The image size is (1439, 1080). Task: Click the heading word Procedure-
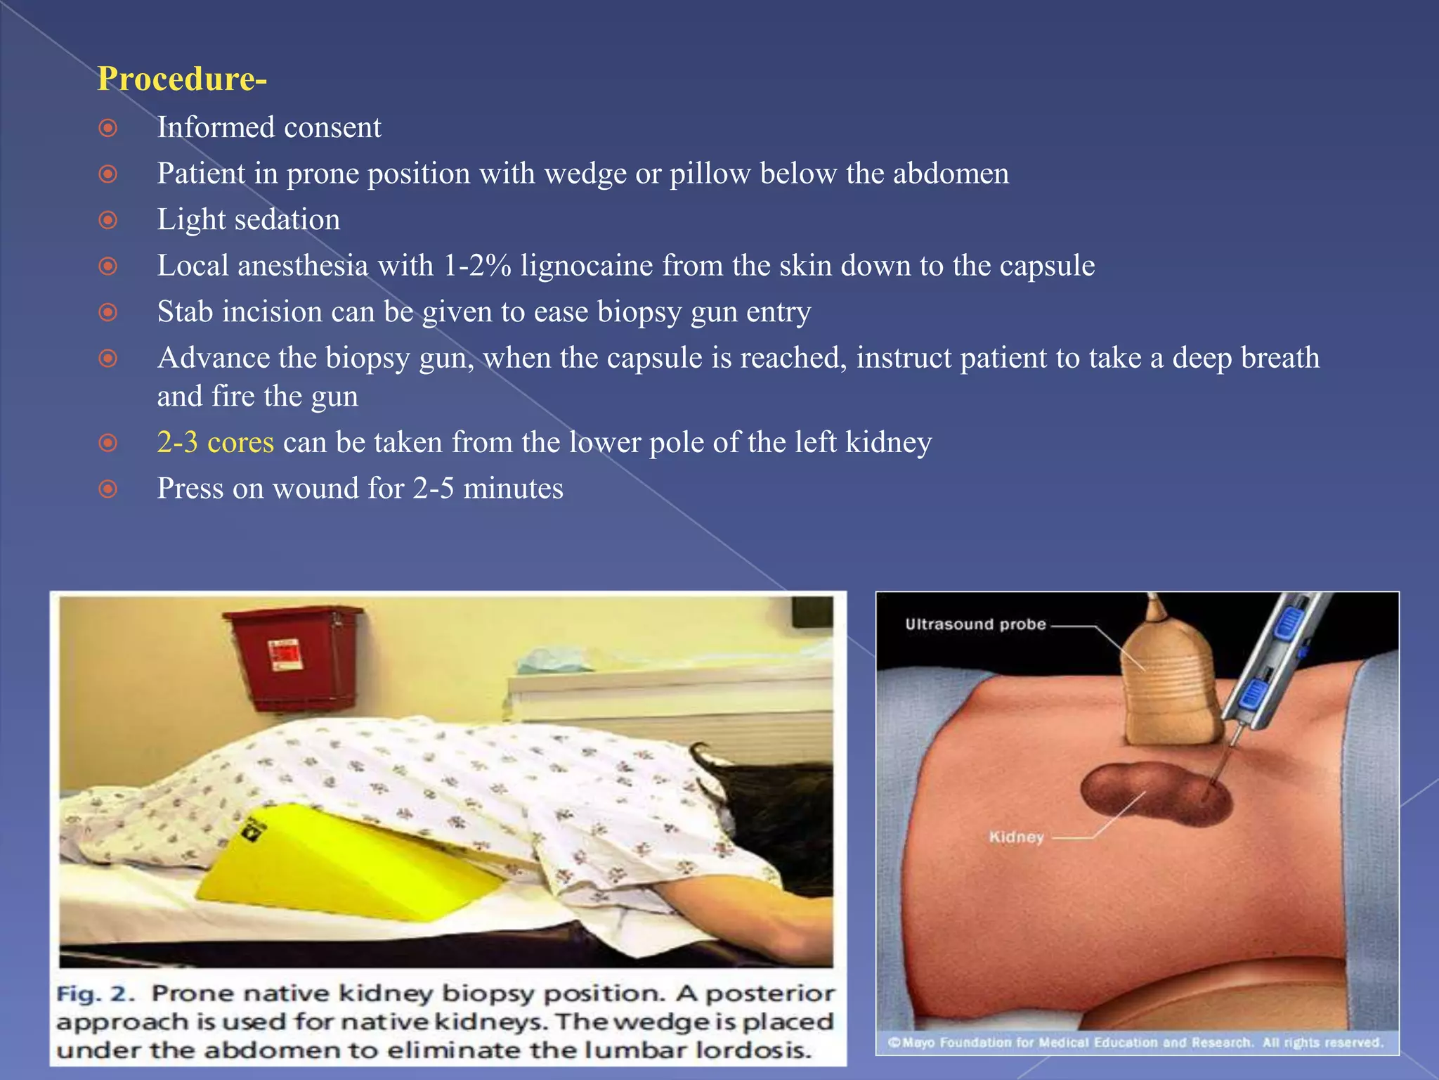point(181,79)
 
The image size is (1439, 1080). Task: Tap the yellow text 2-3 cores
point(215,442)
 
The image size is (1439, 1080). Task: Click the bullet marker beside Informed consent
point(108,128)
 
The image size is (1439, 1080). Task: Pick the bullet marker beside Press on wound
point(108,489)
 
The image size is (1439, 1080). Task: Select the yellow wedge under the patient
point(337,865)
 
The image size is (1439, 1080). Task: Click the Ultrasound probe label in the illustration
point(975,624)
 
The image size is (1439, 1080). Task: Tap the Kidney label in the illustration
point(1016,837)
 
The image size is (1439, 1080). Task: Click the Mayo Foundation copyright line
point(1135,1042)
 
